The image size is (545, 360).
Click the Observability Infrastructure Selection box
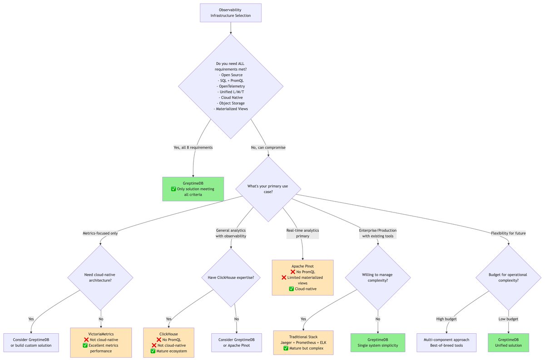click(x=231, y=13)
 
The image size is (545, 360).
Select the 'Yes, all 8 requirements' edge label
click(x=193, y=148)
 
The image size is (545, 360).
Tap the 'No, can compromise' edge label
click(x=268, y=148)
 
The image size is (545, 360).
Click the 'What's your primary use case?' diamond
click(x=268, y=189)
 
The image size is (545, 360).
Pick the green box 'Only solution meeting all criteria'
click(x=193, y=189)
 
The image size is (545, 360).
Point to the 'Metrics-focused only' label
click(x=100, y=233)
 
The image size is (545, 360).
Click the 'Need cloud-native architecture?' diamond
click(x=100, y=277)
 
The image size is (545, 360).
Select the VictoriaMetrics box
click(x=101, y=342)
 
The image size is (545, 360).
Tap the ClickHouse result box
click(x=168, y=342)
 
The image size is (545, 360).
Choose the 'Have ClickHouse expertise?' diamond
click(x=231, y=277)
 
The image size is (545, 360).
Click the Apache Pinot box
click(x=303, y=277)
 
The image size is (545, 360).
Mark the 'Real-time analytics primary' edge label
click(x=302, y=233)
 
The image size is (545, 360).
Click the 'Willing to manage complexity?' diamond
click(x=377, y=277)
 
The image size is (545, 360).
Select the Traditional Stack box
click(x=303, y=342)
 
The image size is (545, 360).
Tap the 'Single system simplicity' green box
click(x=378, y=342)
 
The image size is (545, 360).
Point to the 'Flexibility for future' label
click(x=508, y=233)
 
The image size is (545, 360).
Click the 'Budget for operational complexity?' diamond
click(x=508, y=277)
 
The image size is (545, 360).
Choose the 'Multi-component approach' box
click(x=446, y=342)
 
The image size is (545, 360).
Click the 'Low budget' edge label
click(x=508, y=319)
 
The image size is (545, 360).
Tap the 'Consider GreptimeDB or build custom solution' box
click(x=31, y=342)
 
